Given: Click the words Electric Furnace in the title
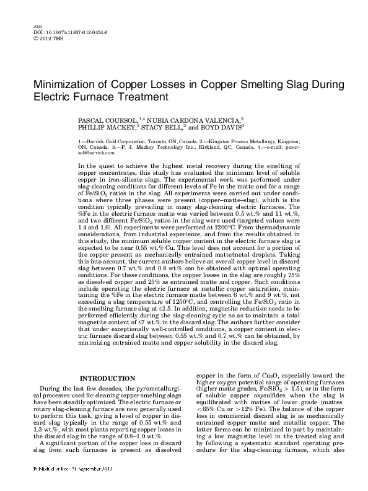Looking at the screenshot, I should pos(65,97).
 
